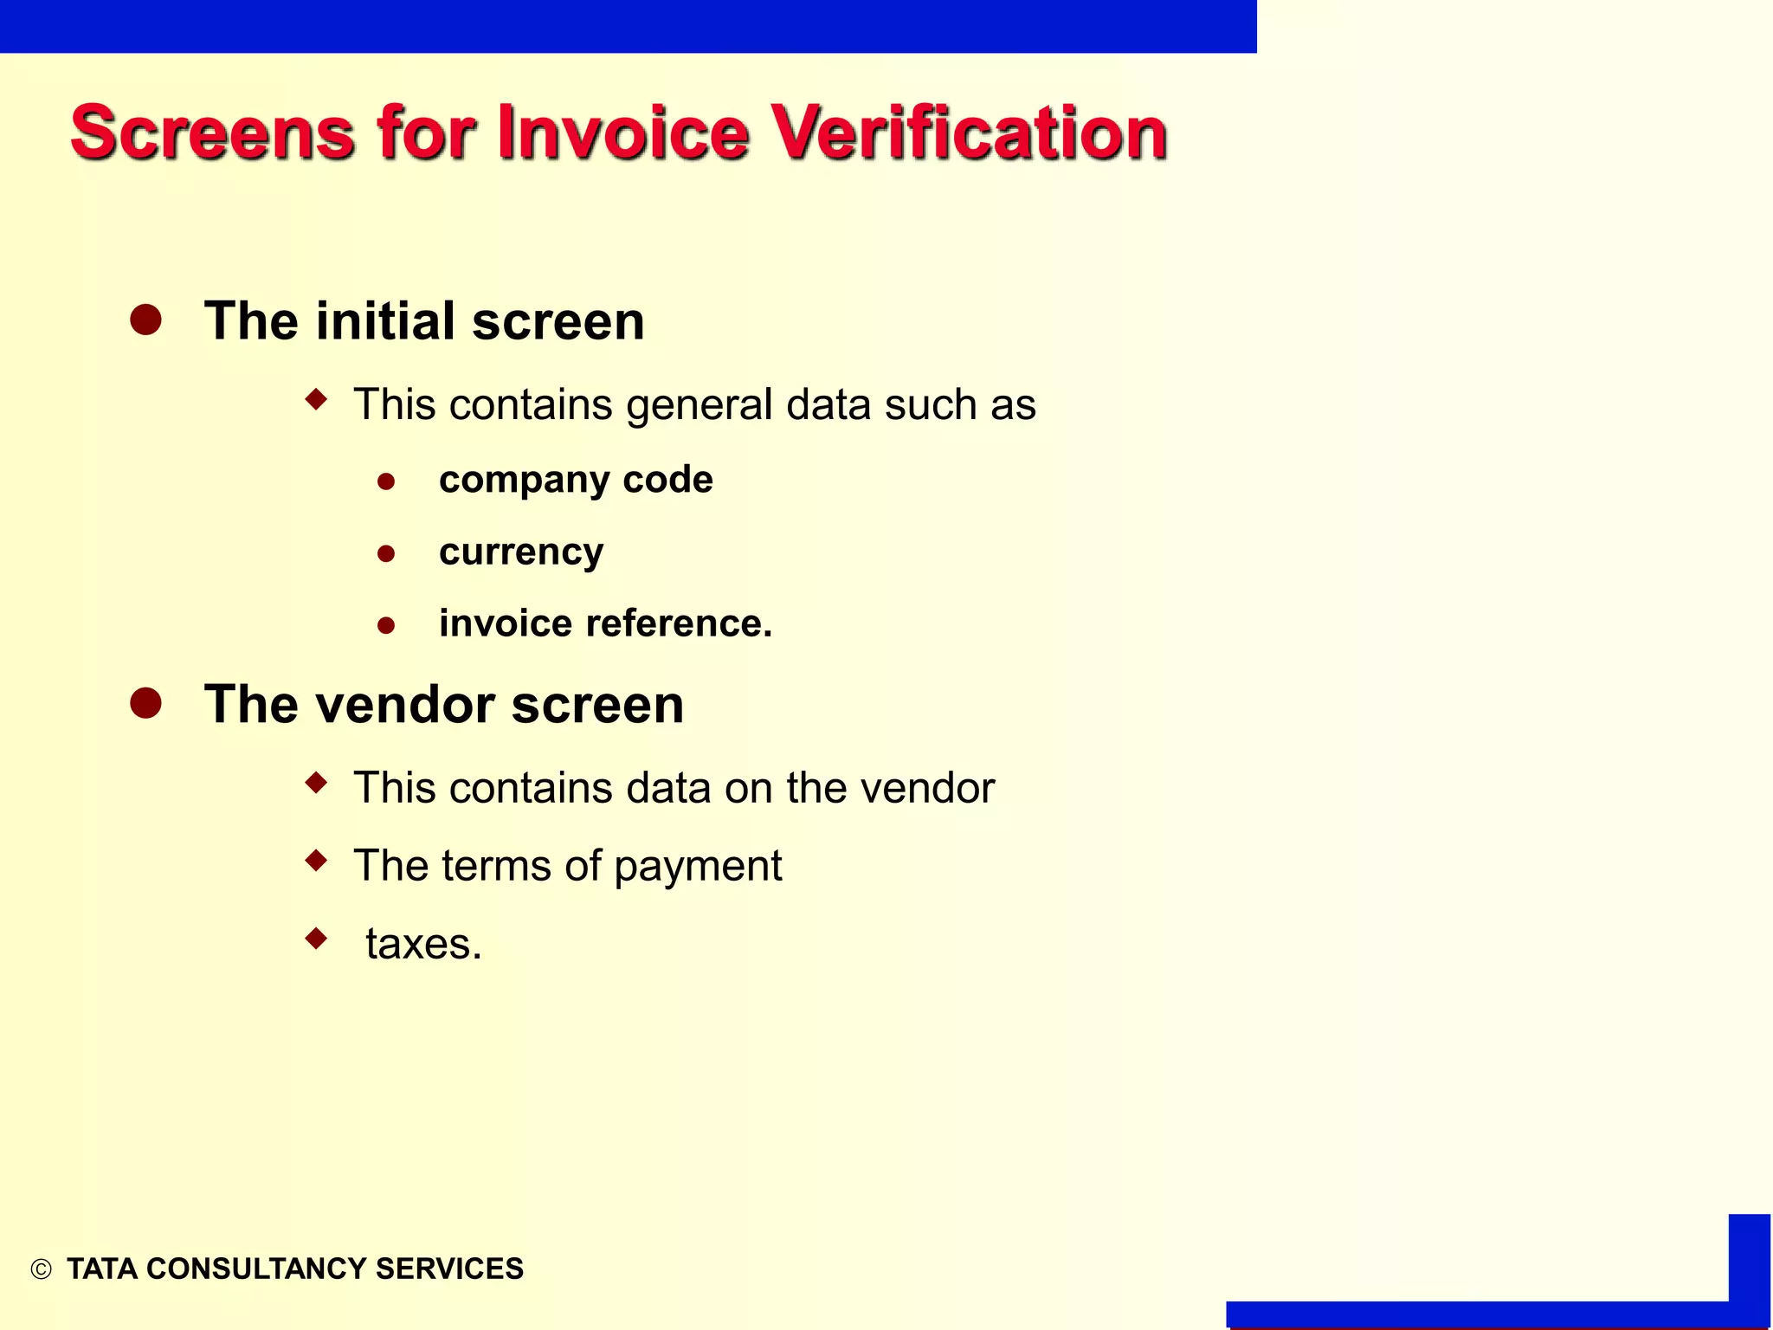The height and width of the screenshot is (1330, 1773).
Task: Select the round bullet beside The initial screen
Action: point(145,320)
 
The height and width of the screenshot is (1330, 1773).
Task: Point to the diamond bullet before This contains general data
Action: point(317,399)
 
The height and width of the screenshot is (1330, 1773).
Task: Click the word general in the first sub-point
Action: point(700,404)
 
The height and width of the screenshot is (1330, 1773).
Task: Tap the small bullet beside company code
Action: point(386,481)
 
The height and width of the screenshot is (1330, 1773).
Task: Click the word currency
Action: point(521,552)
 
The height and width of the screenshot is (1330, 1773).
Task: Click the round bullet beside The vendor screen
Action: point(145,703)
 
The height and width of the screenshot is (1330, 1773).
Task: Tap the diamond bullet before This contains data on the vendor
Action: point(317,783)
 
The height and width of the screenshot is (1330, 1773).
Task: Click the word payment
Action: point(698,866)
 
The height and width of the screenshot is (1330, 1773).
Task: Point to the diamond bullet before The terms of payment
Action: point(317,860)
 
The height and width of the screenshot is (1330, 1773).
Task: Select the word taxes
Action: point(422,944)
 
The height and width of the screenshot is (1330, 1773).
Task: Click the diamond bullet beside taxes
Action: point(317,938)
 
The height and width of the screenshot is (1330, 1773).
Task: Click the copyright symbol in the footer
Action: point(41,1269)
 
